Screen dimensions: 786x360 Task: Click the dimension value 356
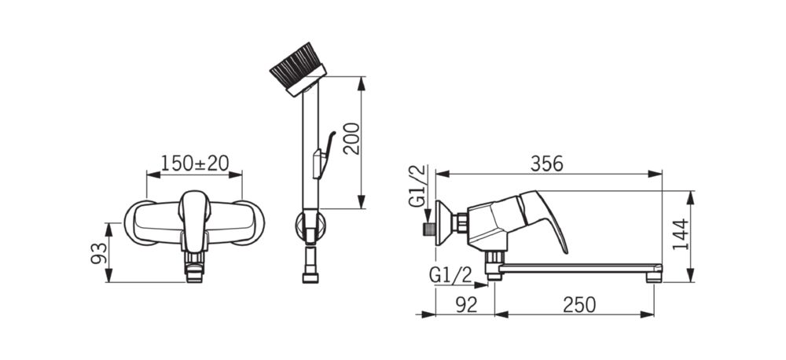pos(546,163)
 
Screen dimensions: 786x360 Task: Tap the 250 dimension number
pos(579,305)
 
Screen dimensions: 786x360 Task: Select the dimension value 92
pos(466,305)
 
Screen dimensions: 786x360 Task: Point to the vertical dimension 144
pos(680,234)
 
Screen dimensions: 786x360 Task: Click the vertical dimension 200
pos(352,138)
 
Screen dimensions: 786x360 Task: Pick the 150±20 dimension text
pos(194,163)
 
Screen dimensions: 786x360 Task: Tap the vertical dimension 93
pos(99,253)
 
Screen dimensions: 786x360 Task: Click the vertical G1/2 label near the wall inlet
pos(417,186)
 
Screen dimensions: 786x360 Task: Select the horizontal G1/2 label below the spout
pos(450,275)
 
